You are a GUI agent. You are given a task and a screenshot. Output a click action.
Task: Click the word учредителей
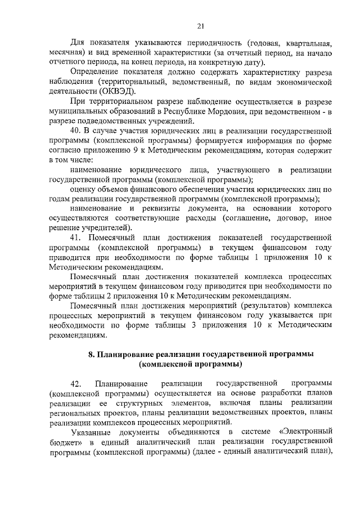point(106,227)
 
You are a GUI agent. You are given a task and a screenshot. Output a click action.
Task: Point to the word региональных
point(76,413)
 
